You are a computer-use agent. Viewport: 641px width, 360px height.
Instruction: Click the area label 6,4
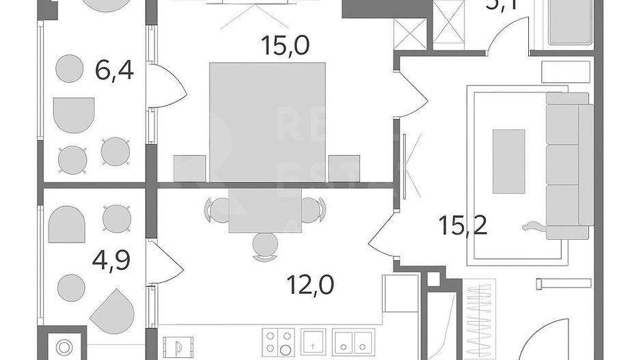114,70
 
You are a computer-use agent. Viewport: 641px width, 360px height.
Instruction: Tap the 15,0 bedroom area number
285,46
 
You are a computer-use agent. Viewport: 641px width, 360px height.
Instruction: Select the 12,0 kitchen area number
311,282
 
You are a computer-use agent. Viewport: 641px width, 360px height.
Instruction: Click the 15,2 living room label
463,225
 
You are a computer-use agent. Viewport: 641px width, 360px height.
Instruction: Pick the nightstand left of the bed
189,169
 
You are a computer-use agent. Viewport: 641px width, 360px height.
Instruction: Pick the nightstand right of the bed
344,169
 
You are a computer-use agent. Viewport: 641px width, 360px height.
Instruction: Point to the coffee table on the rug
508,161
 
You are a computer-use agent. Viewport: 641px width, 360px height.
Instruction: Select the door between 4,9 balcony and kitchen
164,262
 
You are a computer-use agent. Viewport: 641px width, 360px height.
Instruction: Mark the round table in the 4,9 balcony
71,288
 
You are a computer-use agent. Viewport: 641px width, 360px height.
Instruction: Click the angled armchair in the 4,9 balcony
112,311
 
